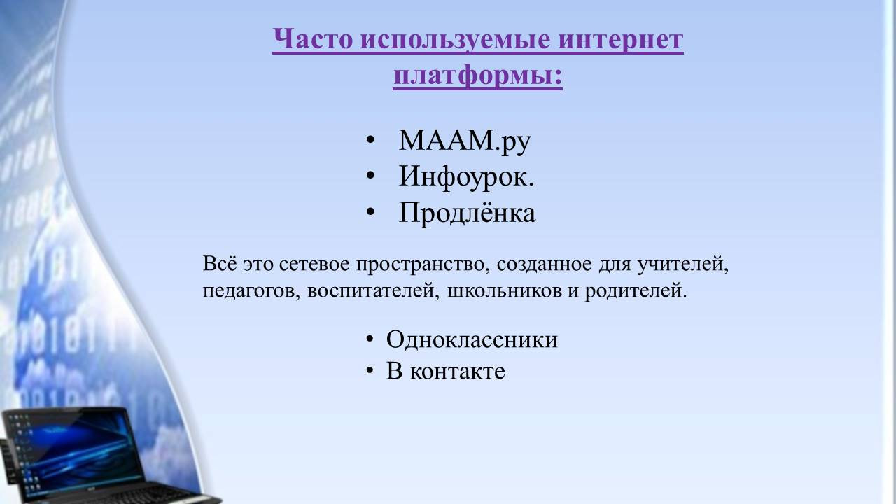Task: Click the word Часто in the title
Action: click(312, 39)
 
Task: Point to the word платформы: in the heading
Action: click(478, 76)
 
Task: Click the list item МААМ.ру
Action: click(465, 141)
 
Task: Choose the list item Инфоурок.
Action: click(466, 176)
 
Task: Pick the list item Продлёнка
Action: click(467, 212)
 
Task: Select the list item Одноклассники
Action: click(472, 339)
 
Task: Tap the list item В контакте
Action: click(446, 371)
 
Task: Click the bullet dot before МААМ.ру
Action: click(370, 141)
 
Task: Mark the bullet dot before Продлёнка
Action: click(370, 212)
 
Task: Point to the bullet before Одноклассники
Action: click(370, 339)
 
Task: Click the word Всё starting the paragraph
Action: click(220, 264)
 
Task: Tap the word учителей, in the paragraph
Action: click(682, 265)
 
